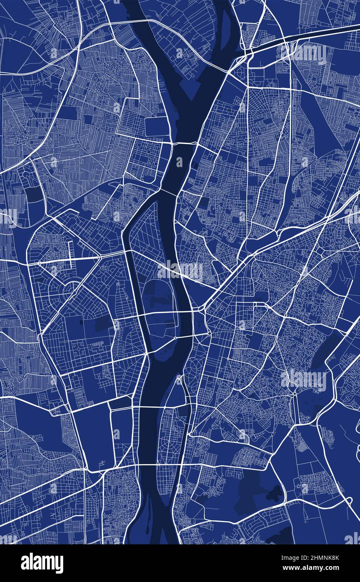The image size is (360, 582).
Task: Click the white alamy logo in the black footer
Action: tap(42, 563)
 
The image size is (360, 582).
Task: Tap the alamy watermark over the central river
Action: tap(180, 271)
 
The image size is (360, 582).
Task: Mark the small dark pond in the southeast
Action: tap(274, 494)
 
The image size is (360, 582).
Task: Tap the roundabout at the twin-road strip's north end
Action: tap(295, 394)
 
